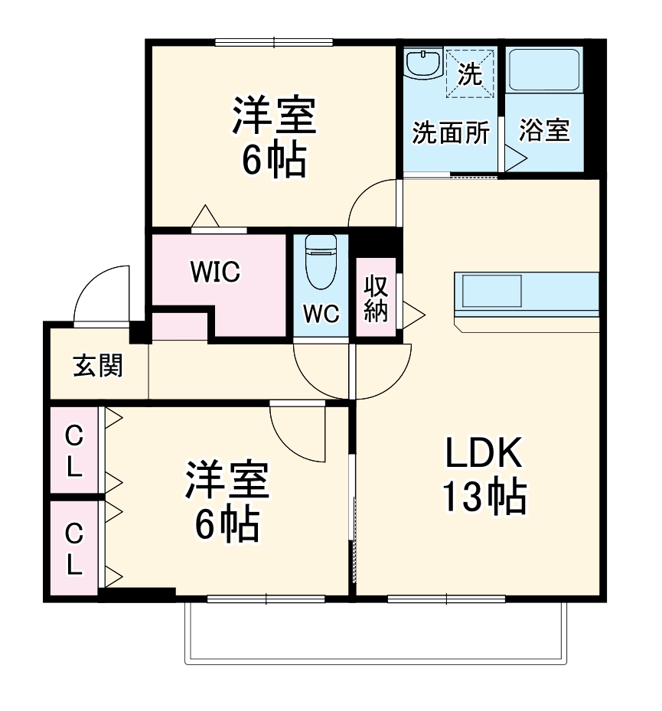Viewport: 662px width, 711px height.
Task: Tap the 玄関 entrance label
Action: click(97, 366)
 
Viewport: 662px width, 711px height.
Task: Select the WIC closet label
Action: click(215, 271)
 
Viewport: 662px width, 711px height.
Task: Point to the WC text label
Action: click(321, 315)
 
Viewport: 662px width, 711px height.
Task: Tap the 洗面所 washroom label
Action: click(451, 132)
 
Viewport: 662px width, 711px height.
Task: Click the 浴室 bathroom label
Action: click(544, 131)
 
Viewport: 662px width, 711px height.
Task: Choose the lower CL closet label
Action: click(73, 546)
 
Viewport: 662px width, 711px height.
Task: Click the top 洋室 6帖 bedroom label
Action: click(274, 137)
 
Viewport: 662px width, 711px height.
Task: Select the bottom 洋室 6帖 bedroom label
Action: click(227, 501)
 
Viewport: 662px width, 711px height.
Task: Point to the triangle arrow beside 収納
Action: click(413, 312)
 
